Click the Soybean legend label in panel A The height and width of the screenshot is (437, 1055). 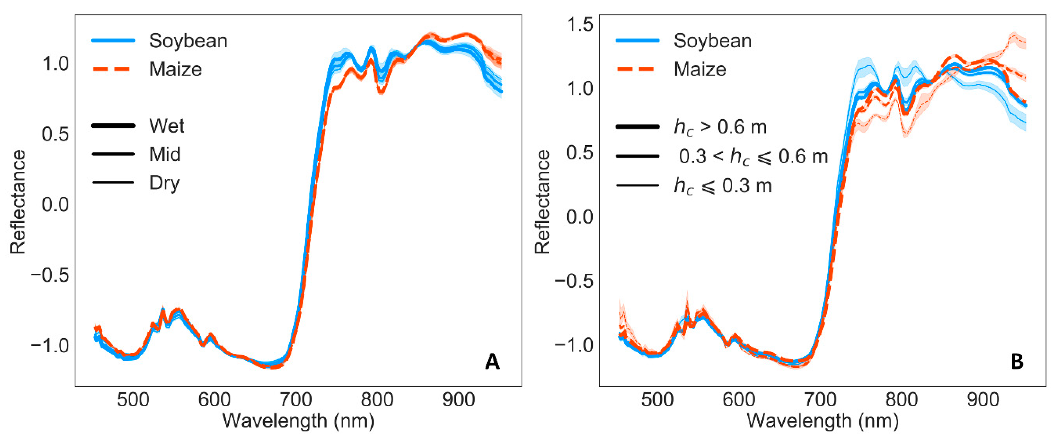coord(188,41)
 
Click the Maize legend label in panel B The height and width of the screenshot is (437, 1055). coord(700,69)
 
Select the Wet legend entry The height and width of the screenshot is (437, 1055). coord(167,126)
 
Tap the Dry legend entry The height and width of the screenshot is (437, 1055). coord(164,183)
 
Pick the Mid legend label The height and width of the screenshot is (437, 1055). coord(165,154)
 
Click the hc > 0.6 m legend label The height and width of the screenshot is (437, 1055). coord(720,127)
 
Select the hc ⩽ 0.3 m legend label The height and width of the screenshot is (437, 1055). coord(723,186)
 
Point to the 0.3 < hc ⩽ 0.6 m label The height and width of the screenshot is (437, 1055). coord(753,157)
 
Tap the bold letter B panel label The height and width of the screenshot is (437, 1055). coord(1017,362)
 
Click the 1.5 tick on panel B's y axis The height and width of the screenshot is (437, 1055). coord(580,25)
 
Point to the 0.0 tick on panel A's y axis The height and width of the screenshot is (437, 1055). coord(55,204)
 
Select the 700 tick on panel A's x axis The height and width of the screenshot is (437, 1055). coord(296,399)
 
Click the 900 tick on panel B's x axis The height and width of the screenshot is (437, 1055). coord(983,399)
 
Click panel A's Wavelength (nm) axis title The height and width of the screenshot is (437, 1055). coord(298,421)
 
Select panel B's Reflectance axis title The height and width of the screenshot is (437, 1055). coord(542,202)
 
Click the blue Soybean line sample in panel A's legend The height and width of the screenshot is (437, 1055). coord(113,41)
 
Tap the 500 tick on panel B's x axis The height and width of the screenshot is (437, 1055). coord(657,399)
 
